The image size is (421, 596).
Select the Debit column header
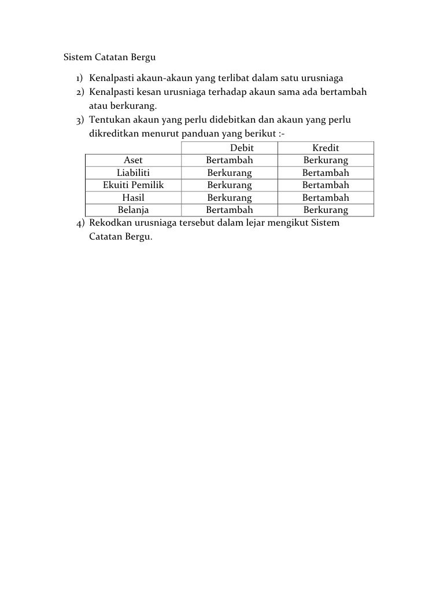[x=242, y=148]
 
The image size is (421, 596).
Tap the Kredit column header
[x=326, y=148]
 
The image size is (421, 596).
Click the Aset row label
[x=134, y=160]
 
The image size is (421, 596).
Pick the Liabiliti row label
[x=134, y=172]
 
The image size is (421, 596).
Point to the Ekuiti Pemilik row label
[x=134, y=185]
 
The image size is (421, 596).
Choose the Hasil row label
[x=134, y=197]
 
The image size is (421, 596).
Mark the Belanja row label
[x=134, y=209]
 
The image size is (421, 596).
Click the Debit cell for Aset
[x=230, y=160]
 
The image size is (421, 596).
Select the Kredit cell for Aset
[x=326, y=160]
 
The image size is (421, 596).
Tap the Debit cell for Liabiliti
[x=230, y=172]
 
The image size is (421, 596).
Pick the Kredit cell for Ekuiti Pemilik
[x=326, y=185]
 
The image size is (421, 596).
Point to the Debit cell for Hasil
[x=230, y=197]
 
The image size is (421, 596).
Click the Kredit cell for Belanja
[x=326, y=209]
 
